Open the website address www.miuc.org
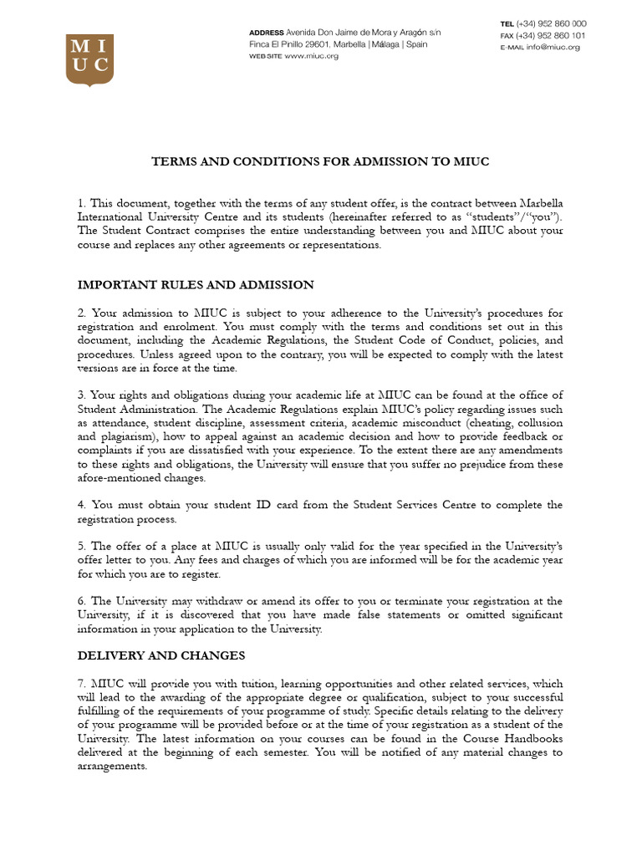point(311,56)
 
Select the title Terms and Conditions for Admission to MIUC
point(320,161)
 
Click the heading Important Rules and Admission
point(196,285)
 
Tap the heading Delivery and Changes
point(161,655)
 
